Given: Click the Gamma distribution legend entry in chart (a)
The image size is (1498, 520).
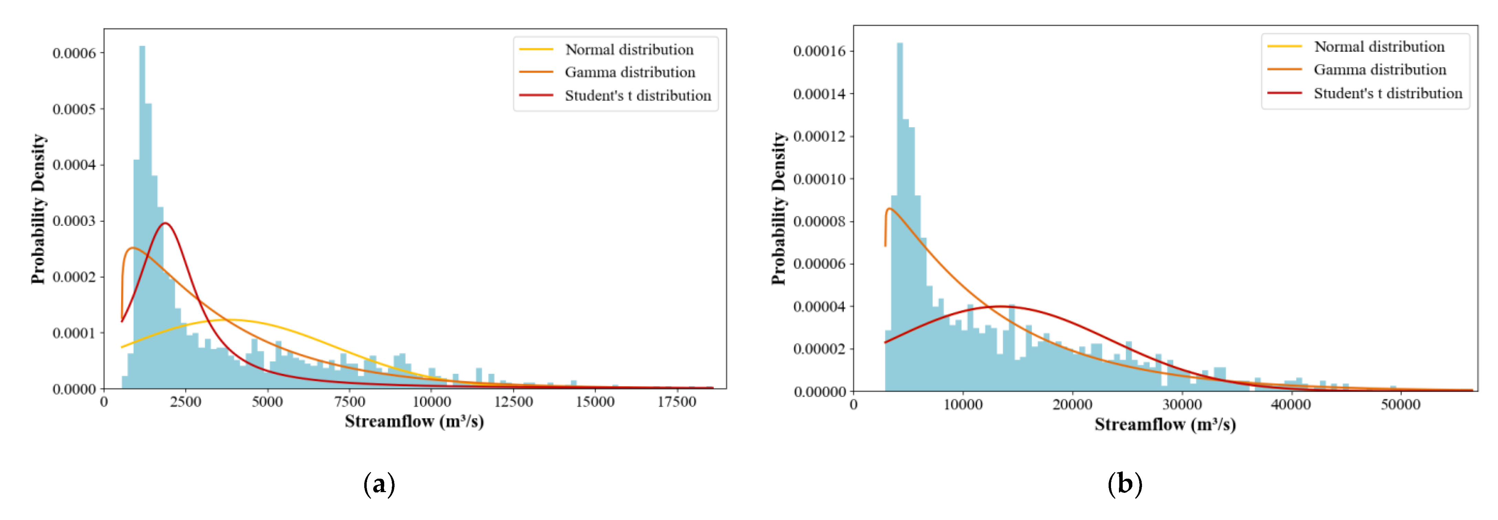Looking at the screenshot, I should click(630, 72).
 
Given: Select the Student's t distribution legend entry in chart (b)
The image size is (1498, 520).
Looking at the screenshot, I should click(1387, 93).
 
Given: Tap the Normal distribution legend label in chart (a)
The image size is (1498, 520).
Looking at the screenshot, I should click(629, 50).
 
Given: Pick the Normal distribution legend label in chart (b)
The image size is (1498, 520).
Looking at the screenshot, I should click(1379, 46).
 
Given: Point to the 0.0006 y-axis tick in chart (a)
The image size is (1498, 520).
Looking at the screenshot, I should click(74, 53).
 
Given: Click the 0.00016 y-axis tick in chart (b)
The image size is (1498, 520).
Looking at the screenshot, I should click(819, 51).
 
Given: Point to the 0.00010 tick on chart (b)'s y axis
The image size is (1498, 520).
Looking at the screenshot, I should click(819, 179).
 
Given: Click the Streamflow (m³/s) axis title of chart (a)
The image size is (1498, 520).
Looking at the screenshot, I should click(414, 421).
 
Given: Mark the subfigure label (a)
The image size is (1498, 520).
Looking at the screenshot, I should click(379, 484).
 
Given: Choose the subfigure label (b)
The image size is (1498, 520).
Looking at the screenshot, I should click(1125, 484).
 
